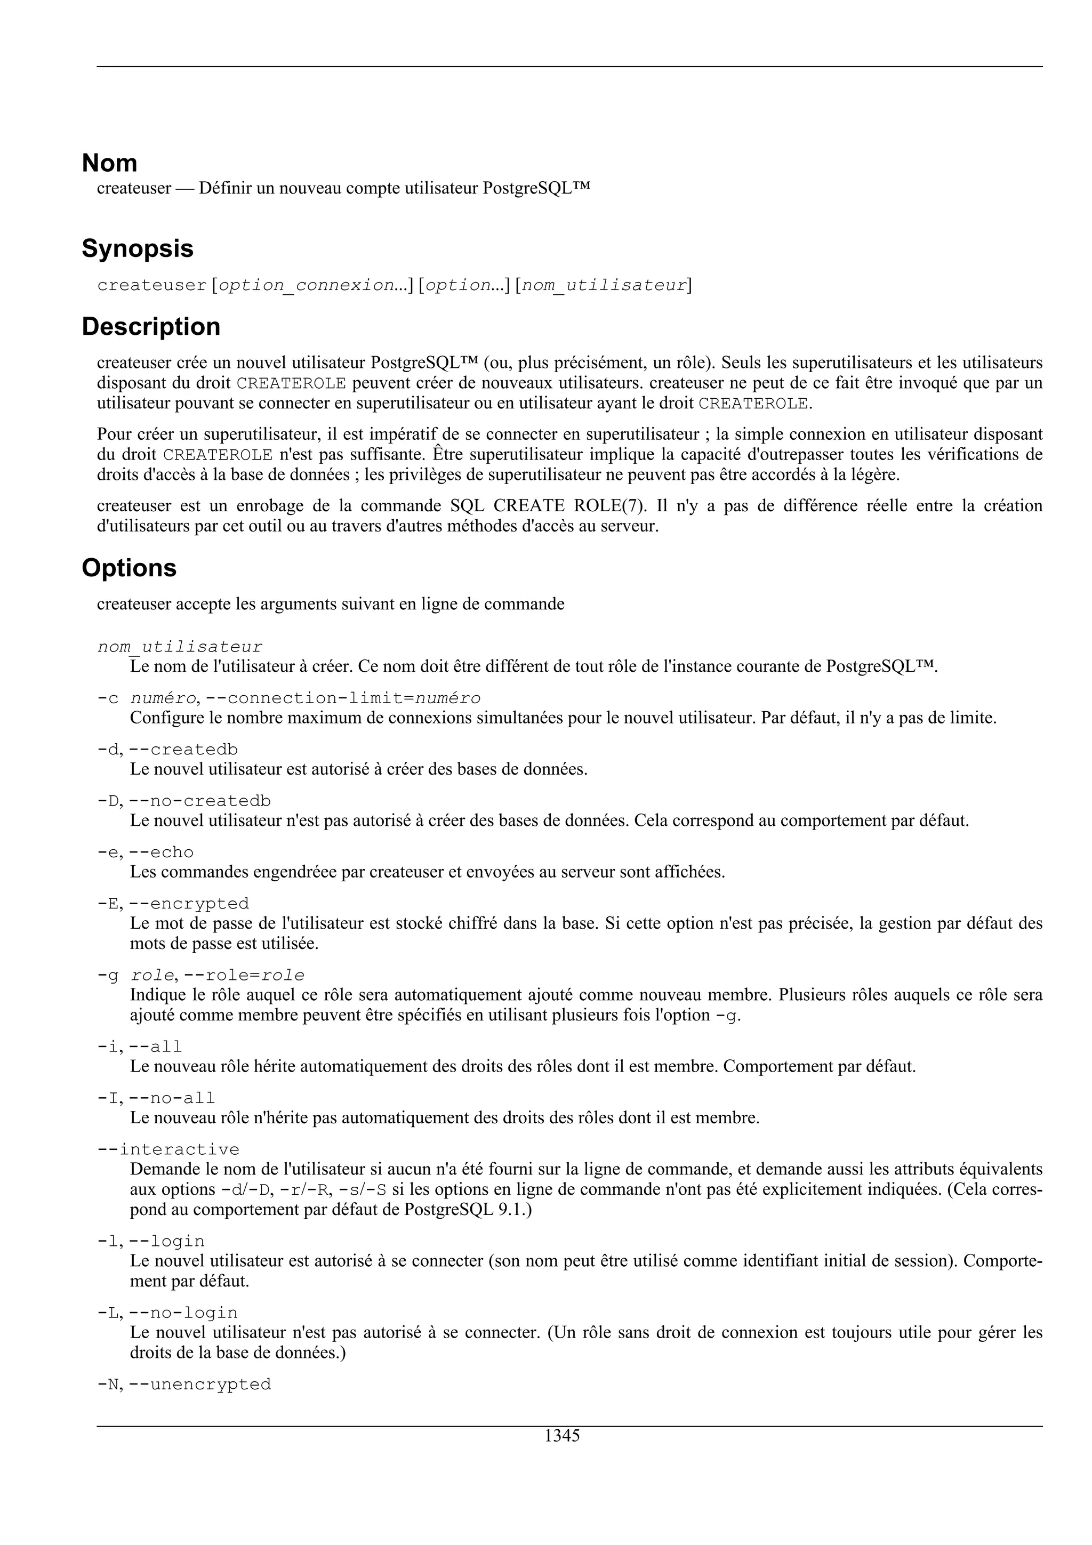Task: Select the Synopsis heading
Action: click(x=137, y=249)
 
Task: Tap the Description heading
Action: click(x=151, y=327)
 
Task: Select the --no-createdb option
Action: click(x=200, y=801)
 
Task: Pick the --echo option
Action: click(x=161, y=852)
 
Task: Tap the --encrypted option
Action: click(x=189, y=904)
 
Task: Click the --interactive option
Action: click(x=168, y=1150)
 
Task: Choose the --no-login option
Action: click(x=183, y=1313)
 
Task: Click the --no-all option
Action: click(x=172, y=1098)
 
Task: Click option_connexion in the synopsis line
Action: click(x=307, y=285)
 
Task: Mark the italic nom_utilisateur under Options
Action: click(x=180, y=647)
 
